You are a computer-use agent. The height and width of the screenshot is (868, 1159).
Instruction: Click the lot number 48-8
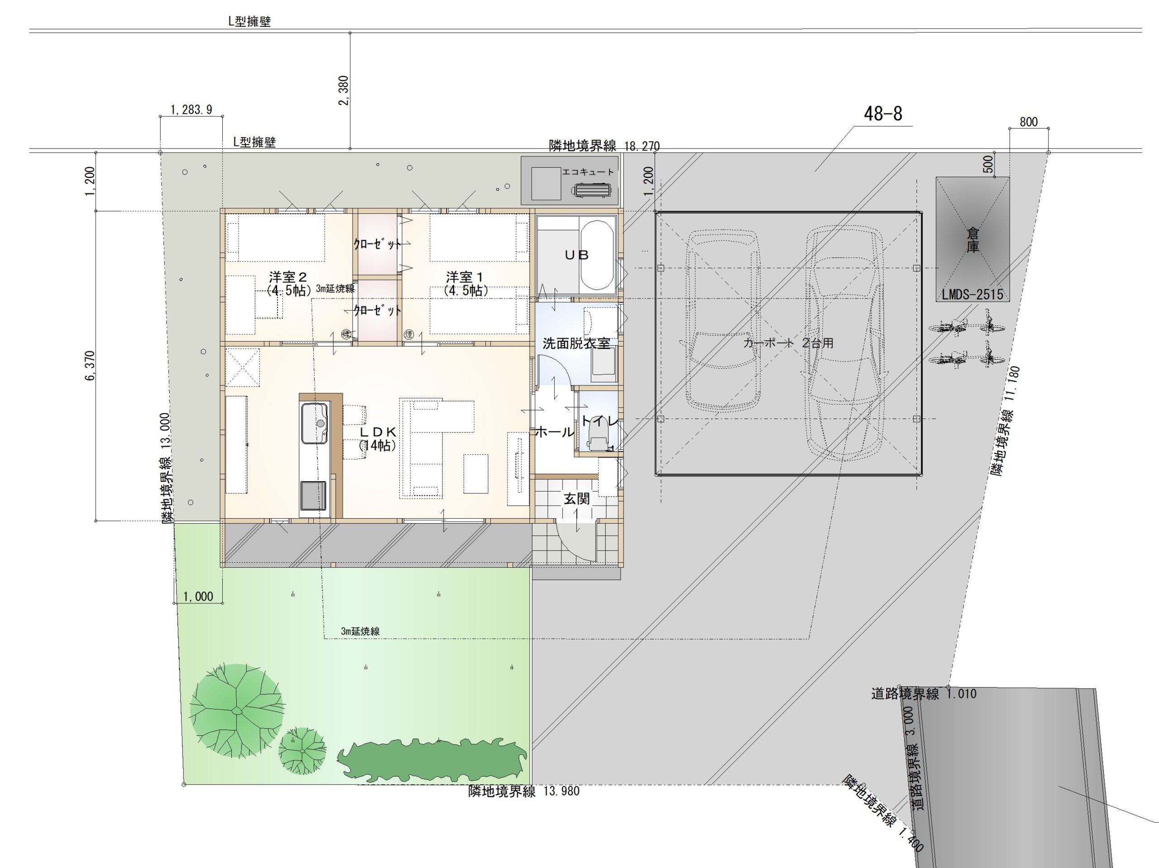tap(883, 113)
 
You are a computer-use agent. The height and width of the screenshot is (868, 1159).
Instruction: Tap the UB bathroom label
tap(576, 255)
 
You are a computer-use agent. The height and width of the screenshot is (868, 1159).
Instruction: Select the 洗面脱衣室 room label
tap(576, 343)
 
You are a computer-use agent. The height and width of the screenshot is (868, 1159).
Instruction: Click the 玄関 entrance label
tap(577, 498)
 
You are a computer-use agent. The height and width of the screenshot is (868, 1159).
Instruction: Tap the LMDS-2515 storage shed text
tap(972, 294)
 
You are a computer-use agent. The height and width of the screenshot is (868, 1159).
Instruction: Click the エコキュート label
tap(588, 172)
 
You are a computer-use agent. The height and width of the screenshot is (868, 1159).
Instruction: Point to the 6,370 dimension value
tap(90, 366)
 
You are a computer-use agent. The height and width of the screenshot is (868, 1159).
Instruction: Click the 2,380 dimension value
tap(344, 91)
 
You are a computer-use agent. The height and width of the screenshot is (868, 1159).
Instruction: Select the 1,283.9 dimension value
tap(191, 110)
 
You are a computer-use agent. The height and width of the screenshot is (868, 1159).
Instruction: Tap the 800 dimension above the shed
tap(1029, 122)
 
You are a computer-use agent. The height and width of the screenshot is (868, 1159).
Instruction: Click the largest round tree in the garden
tap(237, 710)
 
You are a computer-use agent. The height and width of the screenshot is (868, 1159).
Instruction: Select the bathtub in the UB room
tap(597, 255)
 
